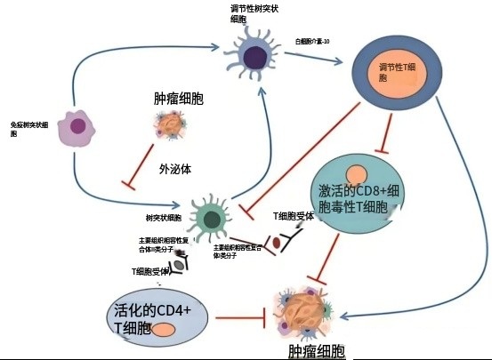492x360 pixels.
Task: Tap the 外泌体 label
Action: click(x=176, y=167)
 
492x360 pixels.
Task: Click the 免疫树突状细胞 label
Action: click(x=26, y=130)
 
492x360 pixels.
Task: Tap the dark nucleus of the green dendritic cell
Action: click(x=210, y=216)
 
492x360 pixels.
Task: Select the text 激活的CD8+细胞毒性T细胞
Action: click(x=354, y=198)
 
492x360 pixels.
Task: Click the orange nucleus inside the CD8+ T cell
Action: click(x=358, y=174)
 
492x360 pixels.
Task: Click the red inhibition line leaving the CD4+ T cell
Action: click(x=240, y=316)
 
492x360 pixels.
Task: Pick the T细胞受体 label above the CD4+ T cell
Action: click(x=150, y=271)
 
